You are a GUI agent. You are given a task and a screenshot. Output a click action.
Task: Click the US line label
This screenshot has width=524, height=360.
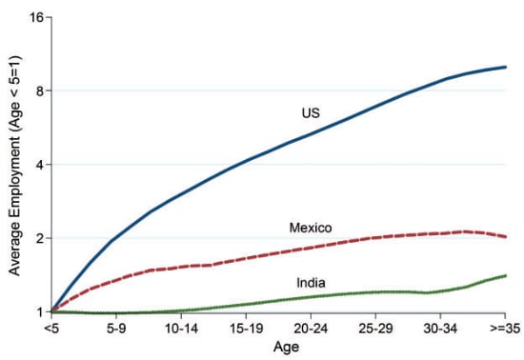click(x=311, y=113)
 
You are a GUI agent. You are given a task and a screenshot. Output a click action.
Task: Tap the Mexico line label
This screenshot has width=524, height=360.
click(x=311, y=227)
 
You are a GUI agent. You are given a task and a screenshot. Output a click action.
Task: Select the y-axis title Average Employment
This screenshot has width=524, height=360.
click(x=14, y=164)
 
